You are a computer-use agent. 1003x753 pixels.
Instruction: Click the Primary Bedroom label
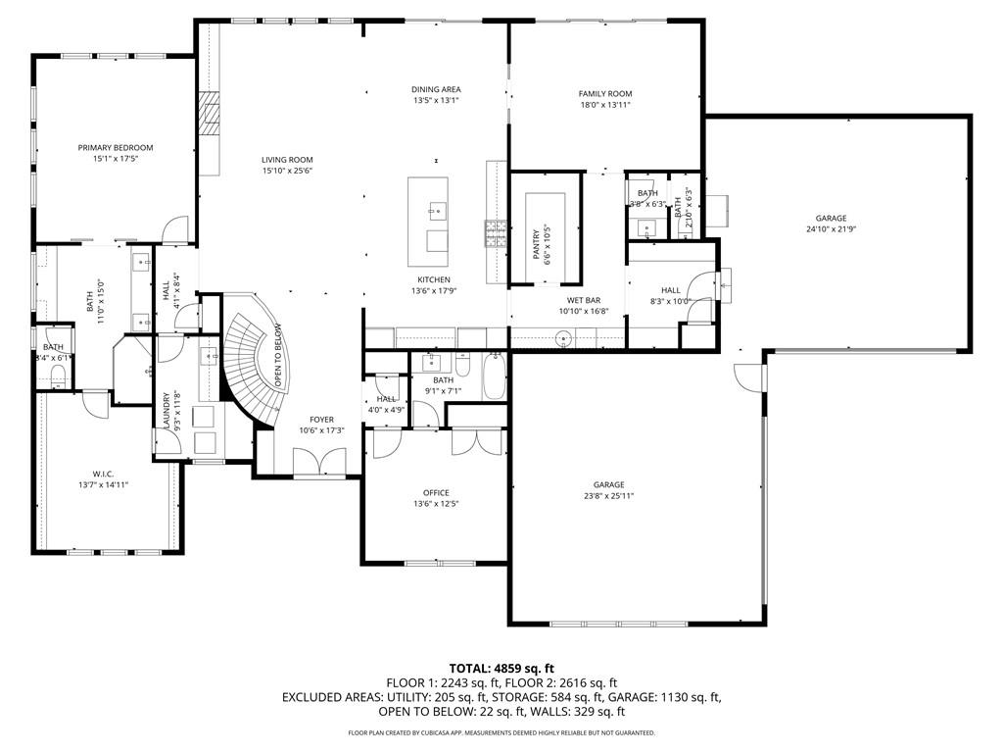(116, 148)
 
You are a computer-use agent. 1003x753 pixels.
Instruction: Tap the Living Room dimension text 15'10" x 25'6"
(287, 171)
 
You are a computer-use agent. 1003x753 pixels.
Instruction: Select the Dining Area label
(436, 89)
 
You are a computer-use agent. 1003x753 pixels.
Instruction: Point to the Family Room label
(605, 93)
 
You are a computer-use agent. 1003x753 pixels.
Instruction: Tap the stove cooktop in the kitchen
(497, 234)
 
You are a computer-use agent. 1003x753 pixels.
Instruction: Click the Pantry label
(537, 245)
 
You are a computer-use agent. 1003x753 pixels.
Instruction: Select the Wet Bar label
(584, 300)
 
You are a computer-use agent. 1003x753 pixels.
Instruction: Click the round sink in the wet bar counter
(564, 338)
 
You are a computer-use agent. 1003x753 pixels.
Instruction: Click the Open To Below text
(279, 355)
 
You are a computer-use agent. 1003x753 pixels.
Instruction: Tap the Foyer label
(321, 420)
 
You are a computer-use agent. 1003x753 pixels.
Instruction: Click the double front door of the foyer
(320, 463)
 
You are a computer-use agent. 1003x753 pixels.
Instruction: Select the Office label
(436, 493)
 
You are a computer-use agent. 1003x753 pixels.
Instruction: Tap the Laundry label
(167, 411)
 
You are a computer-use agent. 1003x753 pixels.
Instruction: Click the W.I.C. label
(103, 475)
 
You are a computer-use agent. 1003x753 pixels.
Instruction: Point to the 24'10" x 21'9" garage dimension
(831, 229)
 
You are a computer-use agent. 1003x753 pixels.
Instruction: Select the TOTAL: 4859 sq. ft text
(501, 670)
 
